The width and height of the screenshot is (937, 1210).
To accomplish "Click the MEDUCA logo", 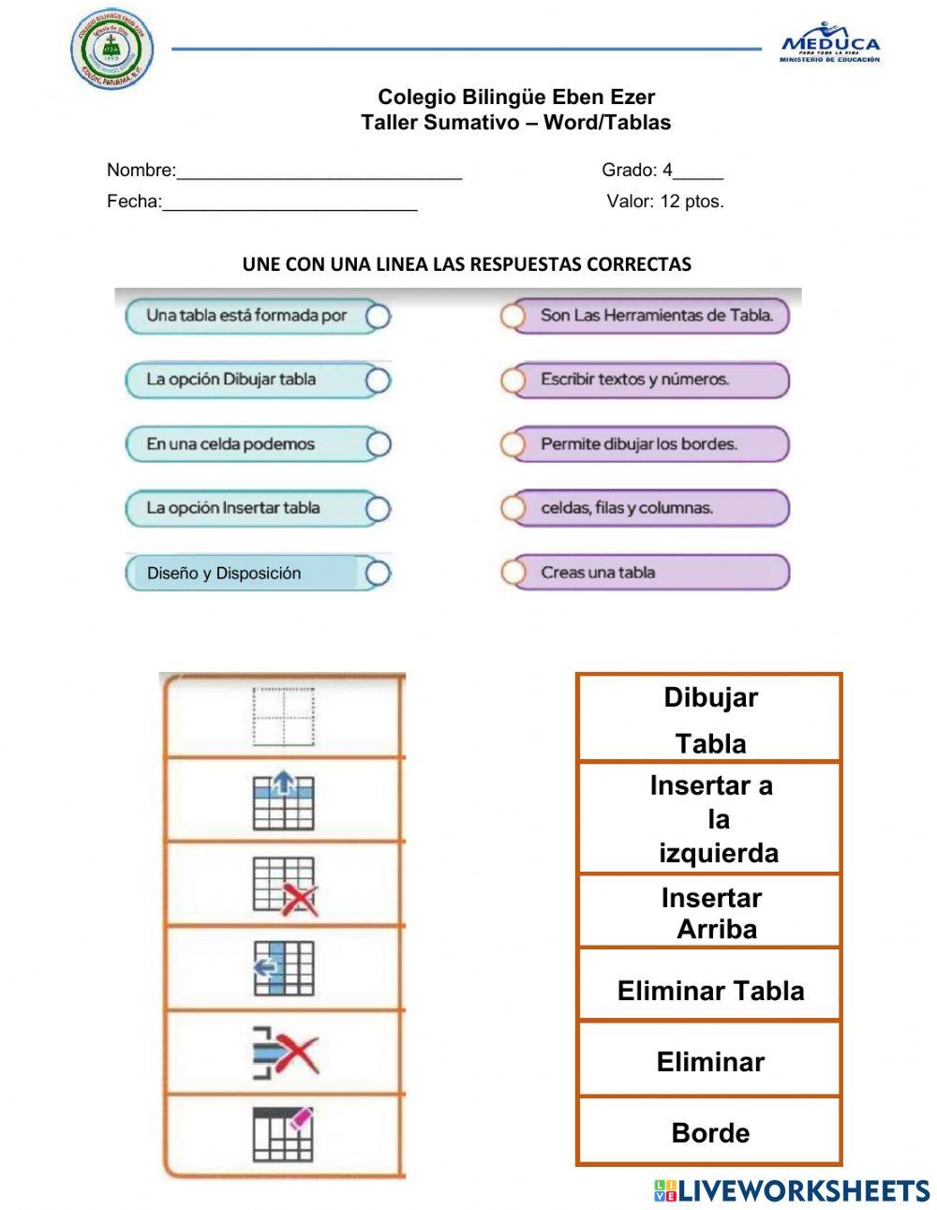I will point(830,43).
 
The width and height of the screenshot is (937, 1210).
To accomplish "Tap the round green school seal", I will point(113,49).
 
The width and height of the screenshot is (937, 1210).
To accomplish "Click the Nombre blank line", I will point(319,172).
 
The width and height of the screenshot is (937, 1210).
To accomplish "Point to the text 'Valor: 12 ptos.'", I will point(665,202).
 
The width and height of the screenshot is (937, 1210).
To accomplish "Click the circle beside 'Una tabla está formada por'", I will point(378,317).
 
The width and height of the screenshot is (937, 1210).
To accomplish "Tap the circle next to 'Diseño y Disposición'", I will point(378,574).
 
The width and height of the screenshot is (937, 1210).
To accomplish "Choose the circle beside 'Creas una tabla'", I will point(513,573).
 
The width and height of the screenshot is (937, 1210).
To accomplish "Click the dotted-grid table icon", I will point(283,718).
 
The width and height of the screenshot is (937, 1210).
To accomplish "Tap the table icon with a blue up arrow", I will point(283,800).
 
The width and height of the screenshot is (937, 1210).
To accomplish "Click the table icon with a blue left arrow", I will point(283,968).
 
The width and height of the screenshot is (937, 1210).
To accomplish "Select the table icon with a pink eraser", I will point(283,1133).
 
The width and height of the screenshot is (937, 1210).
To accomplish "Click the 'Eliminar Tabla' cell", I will point(709,991).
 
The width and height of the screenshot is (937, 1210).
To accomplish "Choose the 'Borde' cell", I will point(709,1132).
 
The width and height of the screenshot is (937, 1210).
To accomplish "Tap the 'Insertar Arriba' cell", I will point(709,912).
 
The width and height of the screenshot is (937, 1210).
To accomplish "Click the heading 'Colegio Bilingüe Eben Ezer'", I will point(516,97).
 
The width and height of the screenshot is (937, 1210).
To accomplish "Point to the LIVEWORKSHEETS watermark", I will point(792,1190).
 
